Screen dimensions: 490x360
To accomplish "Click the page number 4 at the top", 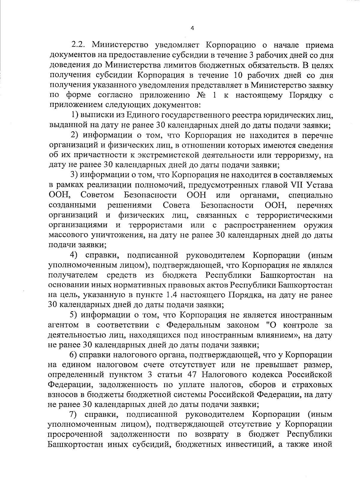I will pos(192,28).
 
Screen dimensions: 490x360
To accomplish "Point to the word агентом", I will pos(63,325).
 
